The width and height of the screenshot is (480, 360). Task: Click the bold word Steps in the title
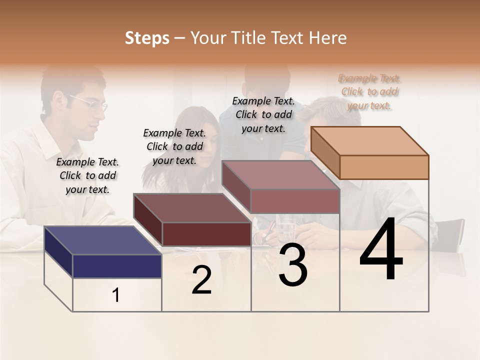[147, 38]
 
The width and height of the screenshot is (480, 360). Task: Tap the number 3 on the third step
[292, 265]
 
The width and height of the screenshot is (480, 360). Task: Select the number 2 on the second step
[201, 280]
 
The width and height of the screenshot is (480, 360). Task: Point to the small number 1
[116, 295]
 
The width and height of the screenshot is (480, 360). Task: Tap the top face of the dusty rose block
[280, 174]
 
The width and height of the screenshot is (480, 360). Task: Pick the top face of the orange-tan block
[369, 140]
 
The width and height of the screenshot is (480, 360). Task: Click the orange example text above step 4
[369, 92]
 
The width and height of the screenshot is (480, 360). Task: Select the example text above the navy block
[87, 175]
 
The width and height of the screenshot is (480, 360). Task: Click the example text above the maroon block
[174, 146]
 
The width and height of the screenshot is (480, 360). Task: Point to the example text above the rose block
[263, 114]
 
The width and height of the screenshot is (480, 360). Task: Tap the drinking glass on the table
[285, 230]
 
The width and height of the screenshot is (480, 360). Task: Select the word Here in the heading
[328, 38]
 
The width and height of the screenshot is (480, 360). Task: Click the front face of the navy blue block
[117, 266]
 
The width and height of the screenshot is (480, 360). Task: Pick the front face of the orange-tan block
[384, 167]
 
